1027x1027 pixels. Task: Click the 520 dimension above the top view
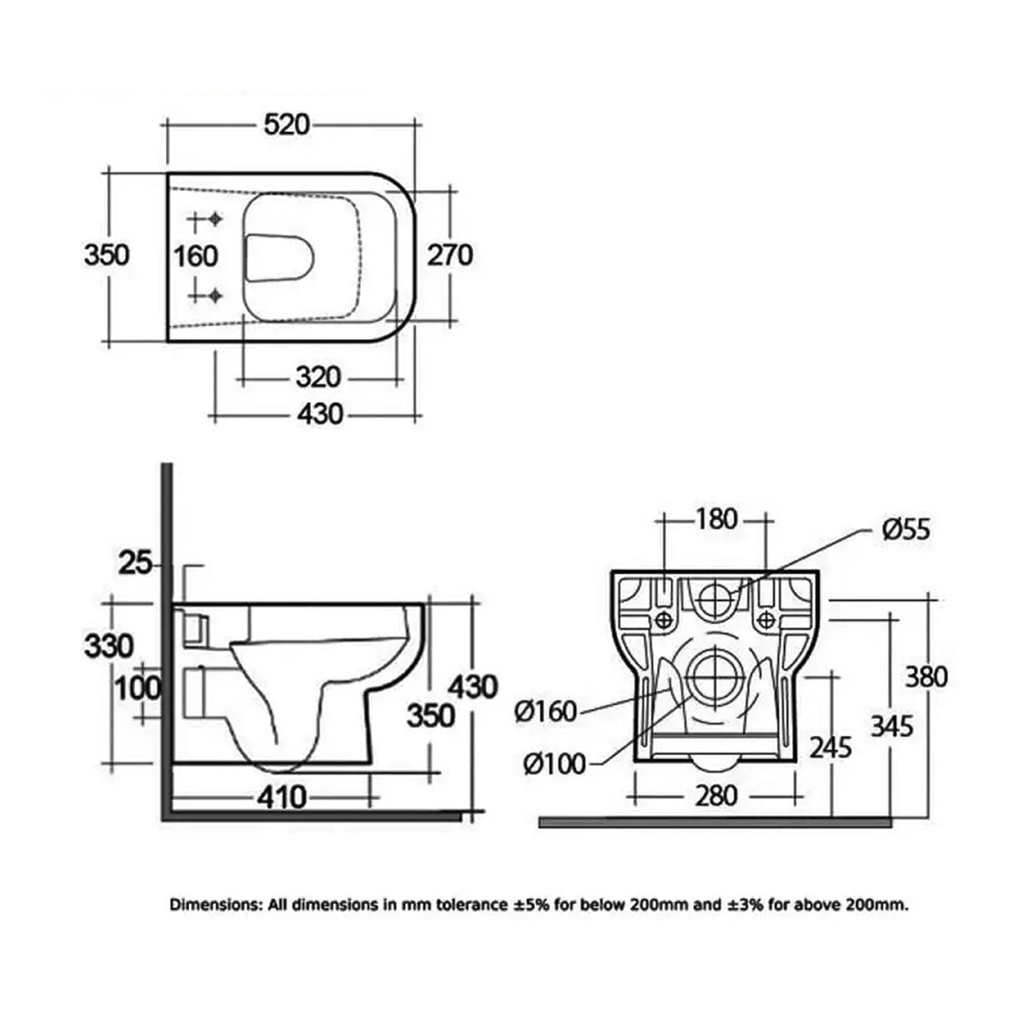[285, 125]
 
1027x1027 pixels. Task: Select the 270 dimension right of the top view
[449, 254]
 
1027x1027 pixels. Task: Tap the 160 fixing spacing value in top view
[196, 255]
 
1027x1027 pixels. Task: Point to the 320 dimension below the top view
[318, 377]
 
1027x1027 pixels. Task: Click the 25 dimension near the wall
[134, 563]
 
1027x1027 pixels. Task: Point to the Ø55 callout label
[905, 529]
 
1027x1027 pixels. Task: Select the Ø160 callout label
[548, 711]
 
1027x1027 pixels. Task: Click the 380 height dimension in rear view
[924, 676]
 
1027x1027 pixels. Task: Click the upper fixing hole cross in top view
[213, 219]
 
